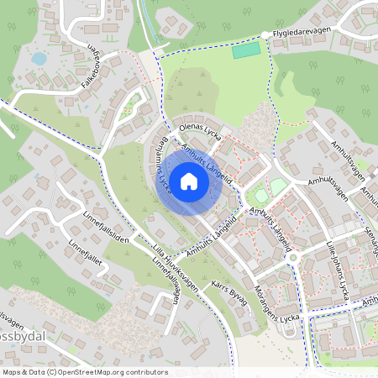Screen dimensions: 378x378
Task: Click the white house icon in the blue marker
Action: coord(189,181)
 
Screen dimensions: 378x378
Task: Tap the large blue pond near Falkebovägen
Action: coord(39,59)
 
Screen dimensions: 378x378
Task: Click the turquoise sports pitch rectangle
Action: coord(247,50)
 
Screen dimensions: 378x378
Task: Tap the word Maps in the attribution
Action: coord(12,371)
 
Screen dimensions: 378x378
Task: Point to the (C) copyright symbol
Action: coord(52,371)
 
